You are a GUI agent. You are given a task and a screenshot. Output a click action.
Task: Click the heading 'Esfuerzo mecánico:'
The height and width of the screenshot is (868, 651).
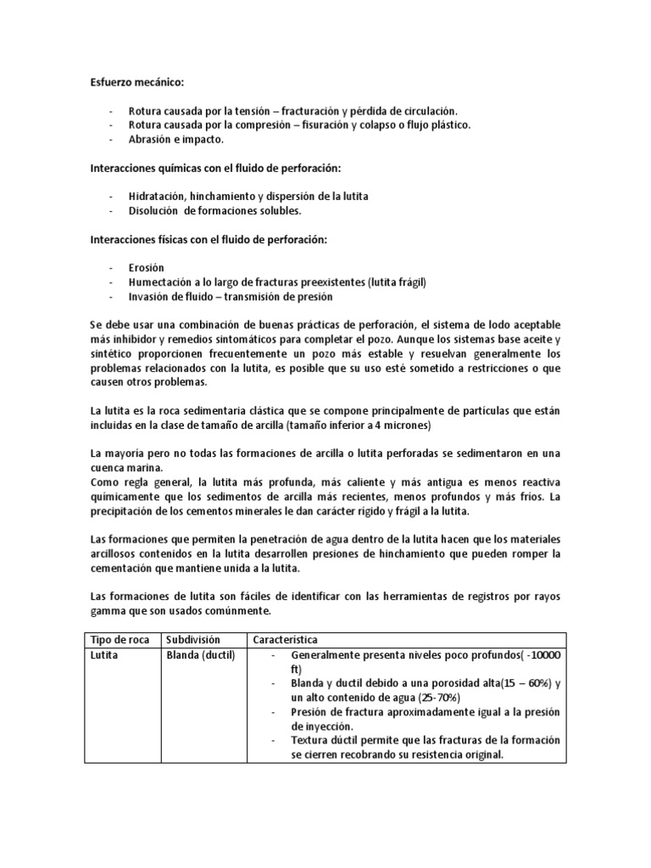point(136,84)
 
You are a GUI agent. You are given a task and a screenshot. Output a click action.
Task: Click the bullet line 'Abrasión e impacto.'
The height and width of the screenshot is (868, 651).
point(175,139)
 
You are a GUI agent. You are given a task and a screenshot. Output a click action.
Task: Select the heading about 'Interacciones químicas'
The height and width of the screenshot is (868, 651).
point(209,168)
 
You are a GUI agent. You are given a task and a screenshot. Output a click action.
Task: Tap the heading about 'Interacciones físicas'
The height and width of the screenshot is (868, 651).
point(209,240)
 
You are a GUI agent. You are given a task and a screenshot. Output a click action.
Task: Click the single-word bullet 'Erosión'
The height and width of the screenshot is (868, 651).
point(146,269)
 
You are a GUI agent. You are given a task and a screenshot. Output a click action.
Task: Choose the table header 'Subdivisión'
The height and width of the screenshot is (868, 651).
point(193,638)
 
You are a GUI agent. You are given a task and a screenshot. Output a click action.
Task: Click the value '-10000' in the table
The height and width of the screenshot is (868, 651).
point(537,655)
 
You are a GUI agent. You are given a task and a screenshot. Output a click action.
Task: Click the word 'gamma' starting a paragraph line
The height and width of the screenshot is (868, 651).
point(109,609)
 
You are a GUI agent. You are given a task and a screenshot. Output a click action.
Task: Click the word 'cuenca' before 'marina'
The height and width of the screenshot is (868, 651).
point(109,467)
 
